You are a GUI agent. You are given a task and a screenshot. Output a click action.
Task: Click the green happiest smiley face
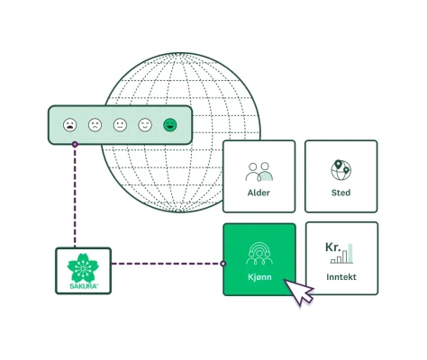pos(169,125)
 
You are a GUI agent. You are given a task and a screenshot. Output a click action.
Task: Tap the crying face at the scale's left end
pos(70,125)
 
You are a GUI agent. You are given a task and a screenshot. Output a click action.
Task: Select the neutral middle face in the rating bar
pos(120,125)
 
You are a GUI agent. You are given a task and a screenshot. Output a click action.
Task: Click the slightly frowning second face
pos(95,125)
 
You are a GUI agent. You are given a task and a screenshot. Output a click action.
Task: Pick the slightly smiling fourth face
pos(145,125)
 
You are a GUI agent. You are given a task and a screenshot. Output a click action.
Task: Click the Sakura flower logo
pos(83,265)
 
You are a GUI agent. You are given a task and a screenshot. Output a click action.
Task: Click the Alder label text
pos(259,193)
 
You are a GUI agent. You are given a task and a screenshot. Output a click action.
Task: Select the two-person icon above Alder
pos(259,170)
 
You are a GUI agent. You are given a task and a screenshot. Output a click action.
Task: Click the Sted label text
pos(341,193)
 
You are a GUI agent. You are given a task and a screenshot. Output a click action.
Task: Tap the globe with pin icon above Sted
pos(341,169)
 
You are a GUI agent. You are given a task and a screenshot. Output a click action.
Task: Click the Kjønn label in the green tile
pos(259,277)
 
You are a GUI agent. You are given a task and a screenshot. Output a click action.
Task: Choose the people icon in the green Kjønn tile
pos(259,251)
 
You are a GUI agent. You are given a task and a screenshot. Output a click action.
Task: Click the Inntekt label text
pos(341,277)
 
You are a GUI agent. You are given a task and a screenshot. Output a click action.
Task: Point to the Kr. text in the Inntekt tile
pos(334,247)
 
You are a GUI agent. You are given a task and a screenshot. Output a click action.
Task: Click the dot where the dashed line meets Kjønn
pos(223,264)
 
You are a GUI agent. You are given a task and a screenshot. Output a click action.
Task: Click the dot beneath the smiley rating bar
pos(76,145)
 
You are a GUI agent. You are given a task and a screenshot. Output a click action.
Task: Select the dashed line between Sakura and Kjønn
pos(167,264)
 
